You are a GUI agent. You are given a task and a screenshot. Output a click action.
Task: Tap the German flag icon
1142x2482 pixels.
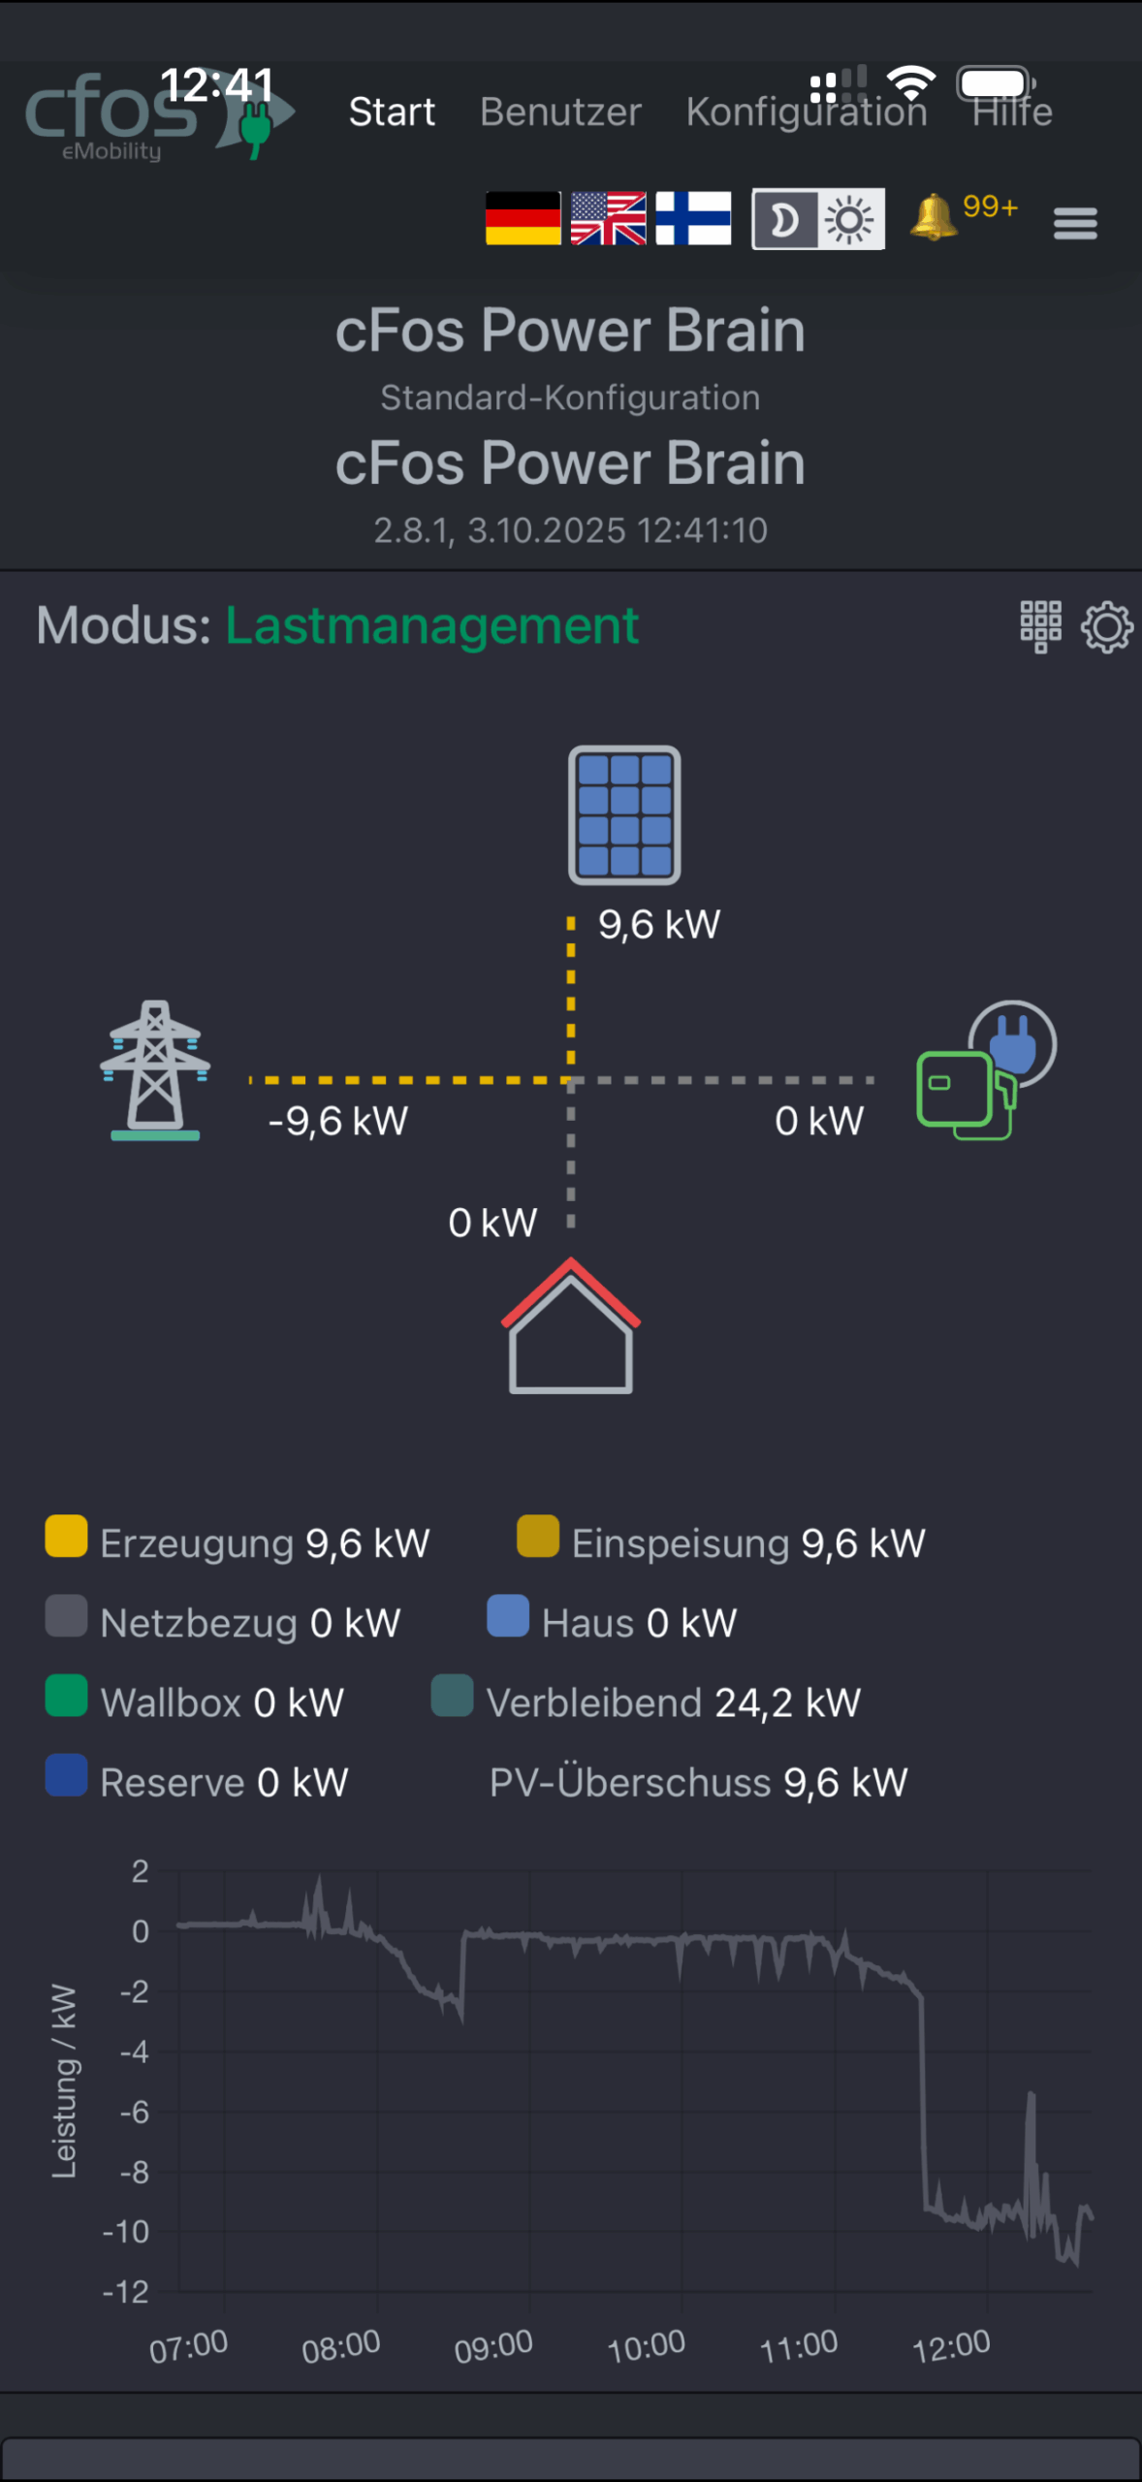(523, 218)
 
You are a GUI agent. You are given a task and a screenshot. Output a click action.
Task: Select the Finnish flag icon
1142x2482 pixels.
(693, 218)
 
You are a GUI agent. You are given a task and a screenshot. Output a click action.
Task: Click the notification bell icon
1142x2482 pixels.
(933, 217)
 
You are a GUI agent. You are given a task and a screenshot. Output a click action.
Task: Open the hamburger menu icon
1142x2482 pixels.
(1075, 223)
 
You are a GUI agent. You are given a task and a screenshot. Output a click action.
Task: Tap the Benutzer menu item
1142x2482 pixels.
(560, 112)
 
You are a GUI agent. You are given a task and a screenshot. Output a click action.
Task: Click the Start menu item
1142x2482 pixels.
(392, 112)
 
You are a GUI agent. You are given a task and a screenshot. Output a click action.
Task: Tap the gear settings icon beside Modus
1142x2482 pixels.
(1107, 627)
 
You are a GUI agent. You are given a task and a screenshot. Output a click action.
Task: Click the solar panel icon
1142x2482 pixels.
(624, 814)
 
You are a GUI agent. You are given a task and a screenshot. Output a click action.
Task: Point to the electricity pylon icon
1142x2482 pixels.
(155, 1070)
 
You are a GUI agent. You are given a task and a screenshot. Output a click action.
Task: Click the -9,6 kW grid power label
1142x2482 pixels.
(338, 1122)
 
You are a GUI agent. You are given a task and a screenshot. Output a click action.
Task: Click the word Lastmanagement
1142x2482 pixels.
(432, 625)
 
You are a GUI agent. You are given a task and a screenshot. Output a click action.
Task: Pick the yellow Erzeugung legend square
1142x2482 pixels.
(66, 1537)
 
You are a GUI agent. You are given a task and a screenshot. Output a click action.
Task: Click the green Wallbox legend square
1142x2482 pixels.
(66, 1696)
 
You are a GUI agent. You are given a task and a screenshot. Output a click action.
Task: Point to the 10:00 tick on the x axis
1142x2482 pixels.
(647, 2346)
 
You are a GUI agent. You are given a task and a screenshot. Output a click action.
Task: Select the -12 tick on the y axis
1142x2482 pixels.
(126, 2292)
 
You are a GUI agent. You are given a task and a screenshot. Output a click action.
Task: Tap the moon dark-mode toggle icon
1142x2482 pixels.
(785, 220)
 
